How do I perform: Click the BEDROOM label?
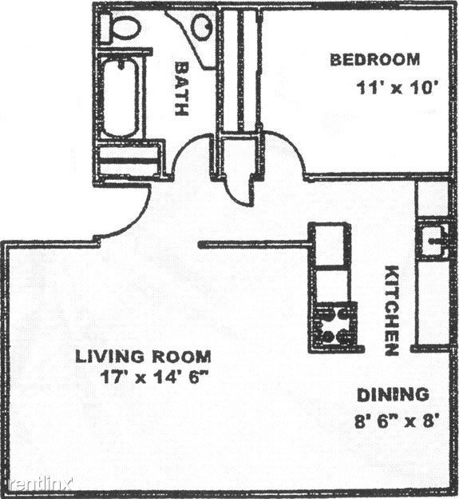click(x=375, y=60)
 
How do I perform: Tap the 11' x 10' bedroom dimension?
click(x=395, y=87)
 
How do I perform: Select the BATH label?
click(x=182, y=89)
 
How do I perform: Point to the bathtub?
click(x=121, y=97)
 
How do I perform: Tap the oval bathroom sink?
click(x=203, y=26)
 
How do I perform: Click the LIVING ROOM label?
click(x=143, y=357)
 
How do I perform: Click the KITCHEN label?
click(x=391, y=310)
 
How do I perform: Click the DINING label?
click(x=393, y=395)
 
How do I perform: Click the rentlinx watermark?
click(x=39, y=484)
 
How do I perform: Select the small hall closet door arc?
click(x=231, y=195)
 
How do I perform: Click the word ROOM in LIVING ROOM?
click(x=181, y=357)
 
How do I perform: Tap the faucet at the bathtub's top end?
click(x=121, y=65)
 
